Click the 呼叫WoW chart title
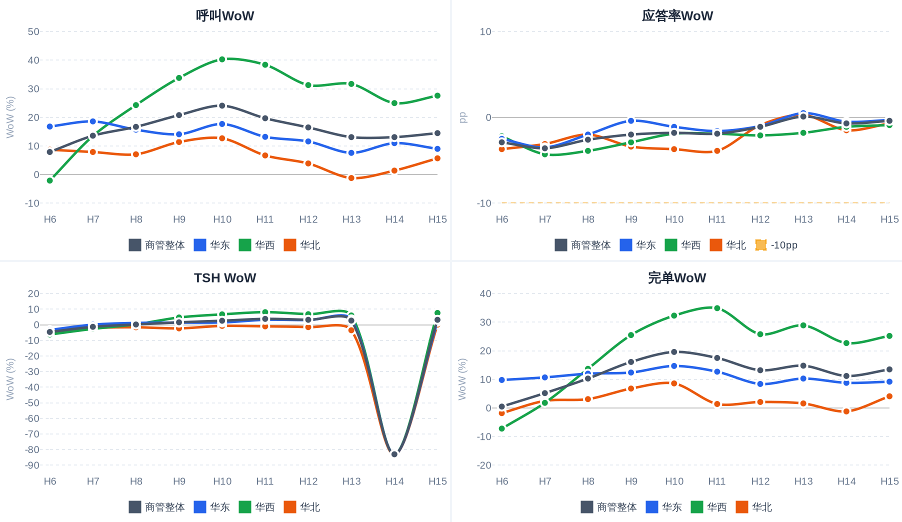coord(225,15)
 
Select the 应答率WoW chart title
coord(677,15)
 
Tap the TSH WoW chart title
coord(225,277)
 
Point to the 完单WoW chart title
coord(677,277)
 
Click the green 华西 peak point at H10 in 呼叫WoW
coord(222,59)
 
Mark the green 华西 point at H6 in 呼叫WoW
coord(50,180)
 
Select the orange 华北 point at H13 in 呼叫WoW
coord(351,178)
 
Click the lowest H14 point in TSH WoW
coord(394,454)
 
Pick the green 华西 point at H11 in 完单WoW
coord(717,308)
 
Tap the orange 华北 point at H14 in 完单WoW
coord(846,411)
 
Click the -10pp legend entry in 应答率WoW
coord(776,245)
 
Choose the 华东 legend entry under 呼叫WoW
coord(212,245)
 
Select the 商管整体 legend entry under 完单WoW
coord(608,507)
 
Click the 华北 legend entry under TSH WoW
coord(302,507)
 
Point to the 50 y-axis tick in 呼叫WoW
coord(33,31)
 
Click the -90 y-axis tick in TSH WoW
coord(32,465)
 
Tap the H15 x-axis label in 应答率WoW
coord(889,219)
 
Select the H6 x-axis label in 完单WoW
coord(502,481)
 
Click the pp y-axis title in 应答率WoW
coord(462,117)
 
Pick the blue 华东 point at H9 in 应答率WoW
coord(631,121)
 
